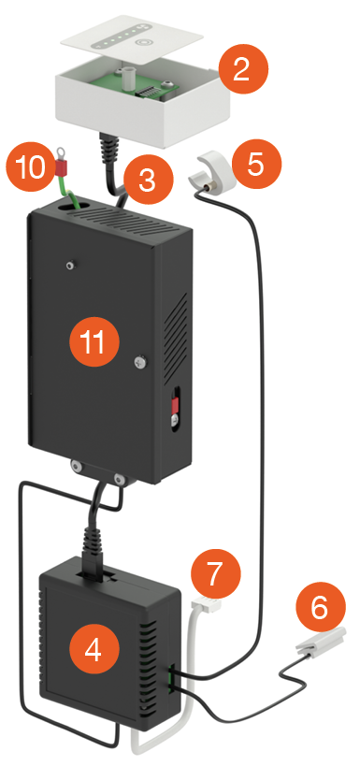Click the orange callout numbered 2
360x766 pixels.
[243, 69]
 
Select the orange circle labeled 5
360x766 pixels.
[256, 164]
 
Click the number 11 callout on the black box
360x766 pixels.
[94, 341]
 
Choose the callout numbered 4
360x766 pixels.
[94, 649]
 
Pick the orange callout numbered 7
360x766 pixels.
[215, 574]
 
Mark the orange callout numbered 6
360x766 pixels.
[321, 607]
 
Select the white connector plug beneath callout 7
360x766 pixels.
[206, 606]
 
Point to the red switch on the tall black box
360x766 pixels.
[173, 404]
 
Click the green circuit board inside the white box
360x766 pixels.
[140, 82]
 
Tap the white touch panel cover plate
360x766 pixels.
[133, 39]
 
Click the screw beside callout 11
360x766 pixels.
[140, 362]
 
